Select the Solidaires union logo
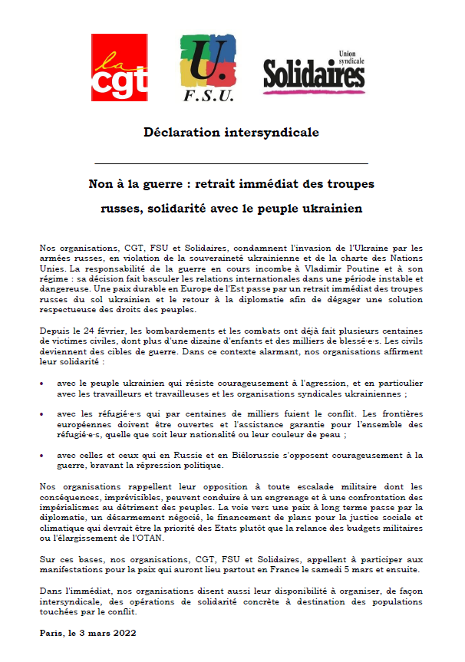[315, 71]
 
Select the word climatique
[62, 529]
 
